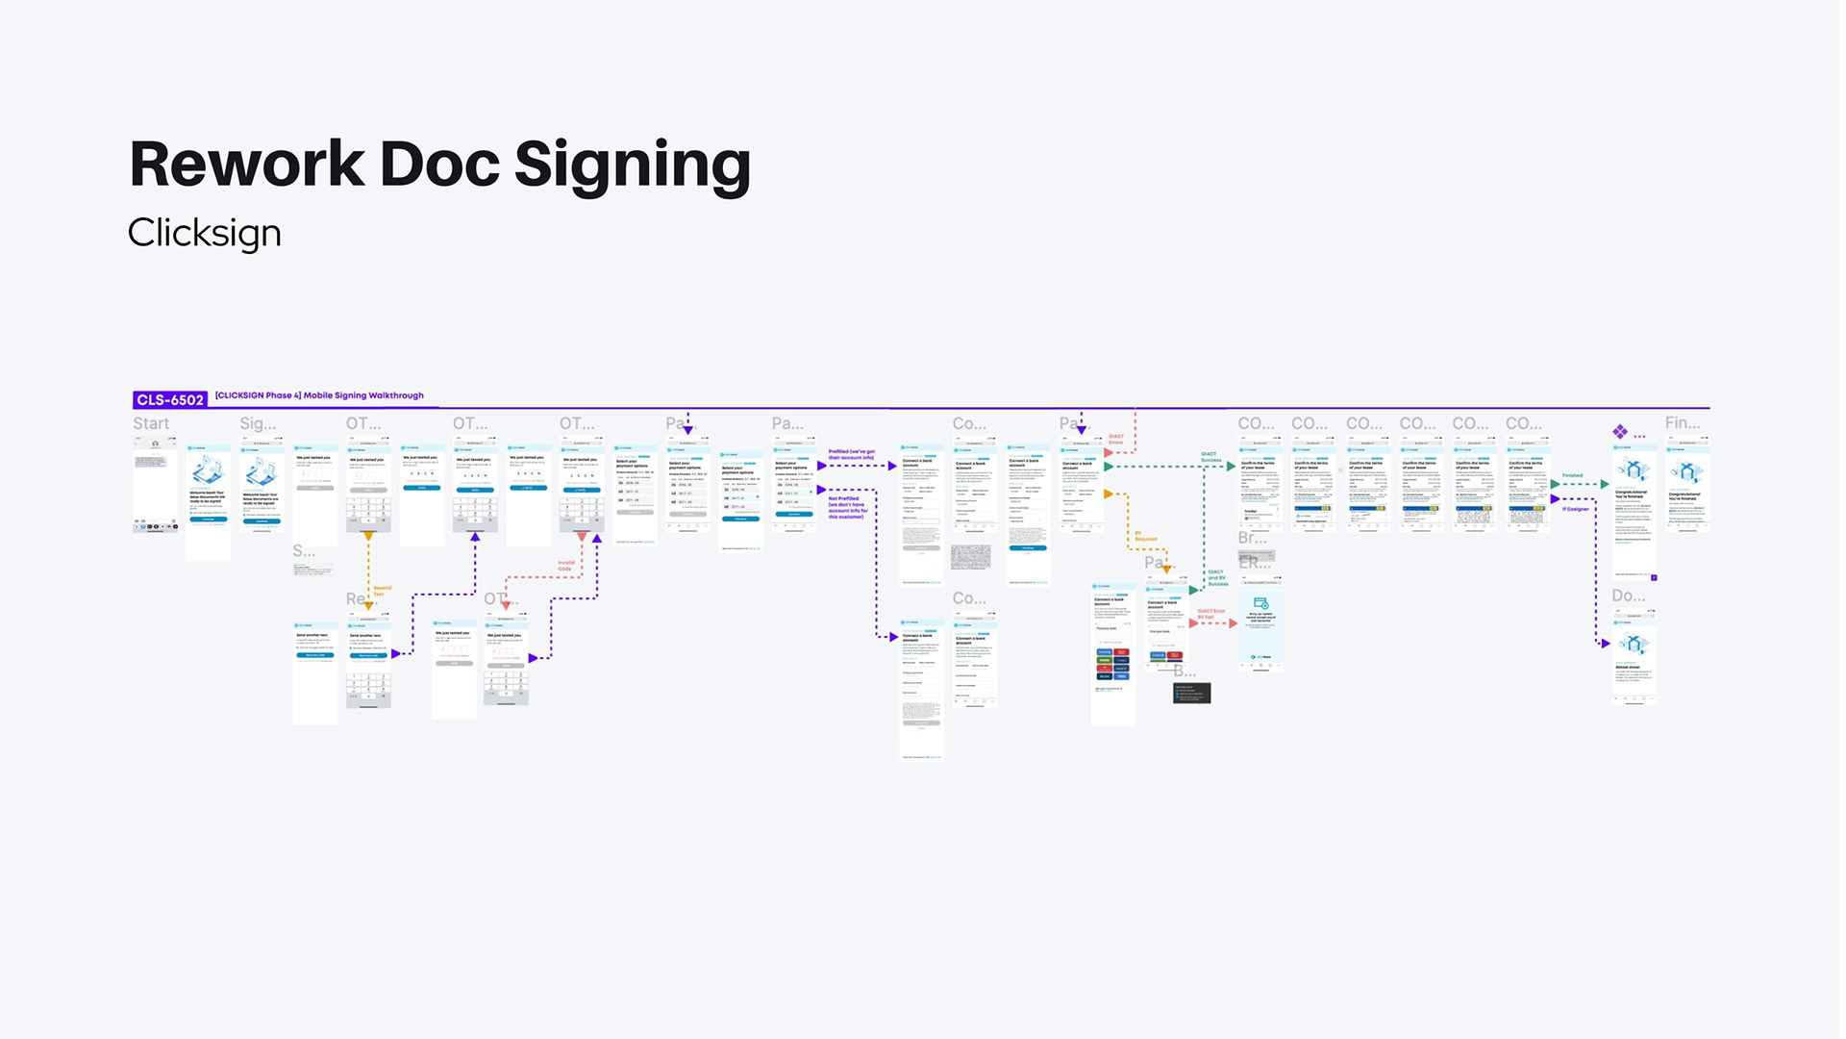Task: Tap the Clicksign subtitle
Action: coord(204,233)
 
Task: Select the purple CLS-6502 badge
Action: coord(169,399)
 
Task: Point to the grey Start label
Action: coord(151,423)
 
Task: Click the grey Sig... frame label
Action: coord(258,423)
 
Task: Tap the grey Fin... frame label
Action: coord(1682,422)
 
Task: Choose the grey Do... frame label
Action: coord(1628,596)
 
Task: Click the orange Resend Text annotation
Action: coord(382,591)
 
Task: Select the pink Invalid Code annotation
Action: coord(565,566)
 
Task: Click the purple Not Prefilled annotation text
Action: coord(847,507)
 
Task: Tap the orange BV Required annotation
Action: coord(1145,536)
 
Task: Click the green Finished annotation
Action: coord(1572,475)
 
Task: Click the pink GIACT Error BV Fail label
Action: coord(1210,614)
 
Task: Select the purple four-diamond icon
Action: coord(1620,431)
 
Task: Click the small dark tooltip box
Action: coord(1191,693)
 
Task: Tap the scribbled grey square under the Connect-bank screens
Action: coord(970,556)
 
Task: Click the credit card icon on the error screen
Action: coord(1260,603)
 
